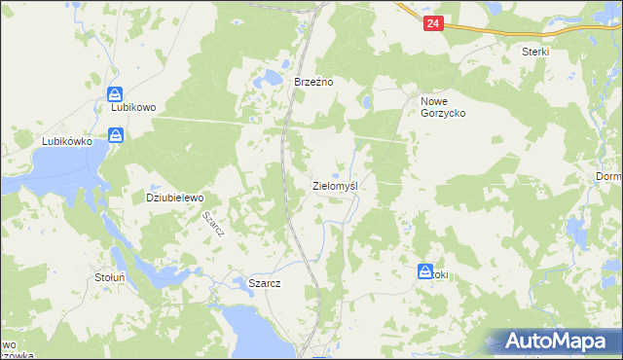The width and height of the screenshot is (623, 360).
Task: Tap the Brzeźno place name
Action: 314,83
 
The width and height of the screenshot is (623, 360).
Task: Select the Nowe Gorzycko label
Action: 443,107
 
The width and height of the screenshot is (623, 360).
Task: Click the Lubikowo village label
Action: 134,107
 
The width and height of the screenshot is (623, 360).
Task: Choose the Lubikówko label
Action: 66,141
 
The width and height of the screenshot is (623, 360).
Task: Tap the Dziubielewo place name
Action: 174,198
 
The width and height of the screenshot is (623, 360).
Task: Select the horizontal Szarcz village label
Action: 265,283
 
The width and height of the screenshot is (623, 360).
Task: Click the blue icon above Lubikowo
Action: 115,93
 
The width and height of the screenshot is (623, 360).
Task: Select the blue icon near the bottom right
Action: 425,273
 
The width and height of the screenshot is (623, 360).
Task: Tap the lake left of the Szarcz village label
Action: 238,282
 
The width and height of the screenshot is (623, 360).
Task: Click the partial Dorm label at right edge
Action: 609,177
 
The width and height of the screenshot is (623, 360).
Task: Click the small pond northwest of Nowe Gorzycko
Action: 366,101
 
